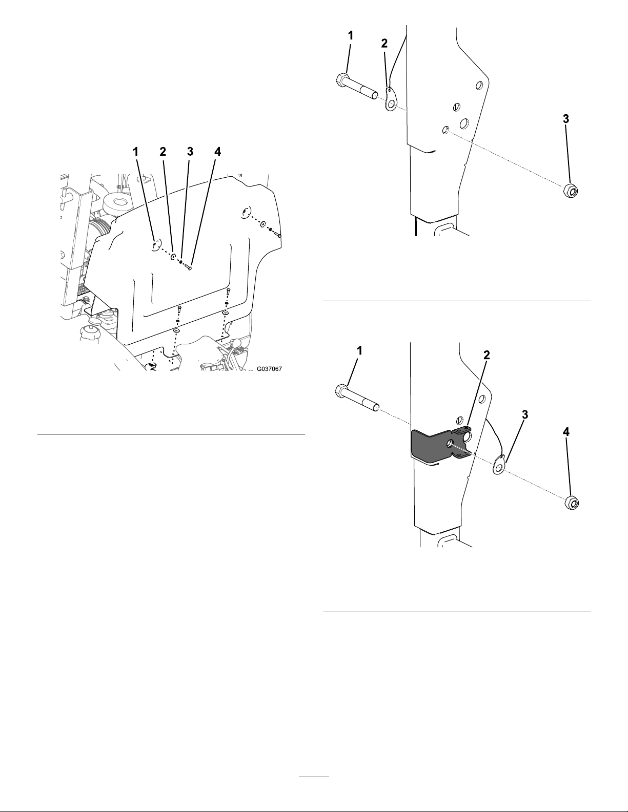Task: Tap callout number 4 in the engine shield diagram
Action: (217, 151)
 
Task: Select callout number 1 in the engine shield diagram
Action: (136, 151)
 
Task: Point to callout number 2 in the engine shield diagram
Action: (163, 151)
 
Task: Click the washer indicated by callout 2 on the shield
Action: (174, 257)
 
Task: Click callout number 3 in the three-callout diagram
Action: (566, 119)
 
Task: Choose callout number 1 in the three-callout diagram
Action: (350, 36)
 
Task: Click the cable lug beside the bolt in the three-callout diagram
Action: (390, 100)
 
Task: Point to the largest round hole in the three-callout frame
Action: (464, 123)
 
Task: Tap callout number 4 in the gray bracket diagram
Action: (566, 432)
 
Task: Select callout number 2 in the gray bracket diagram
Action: (487, 356)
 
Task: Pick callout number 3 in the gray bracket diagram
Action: (525, 414)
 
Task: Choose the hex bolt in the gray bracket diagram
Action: (357, 399)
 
